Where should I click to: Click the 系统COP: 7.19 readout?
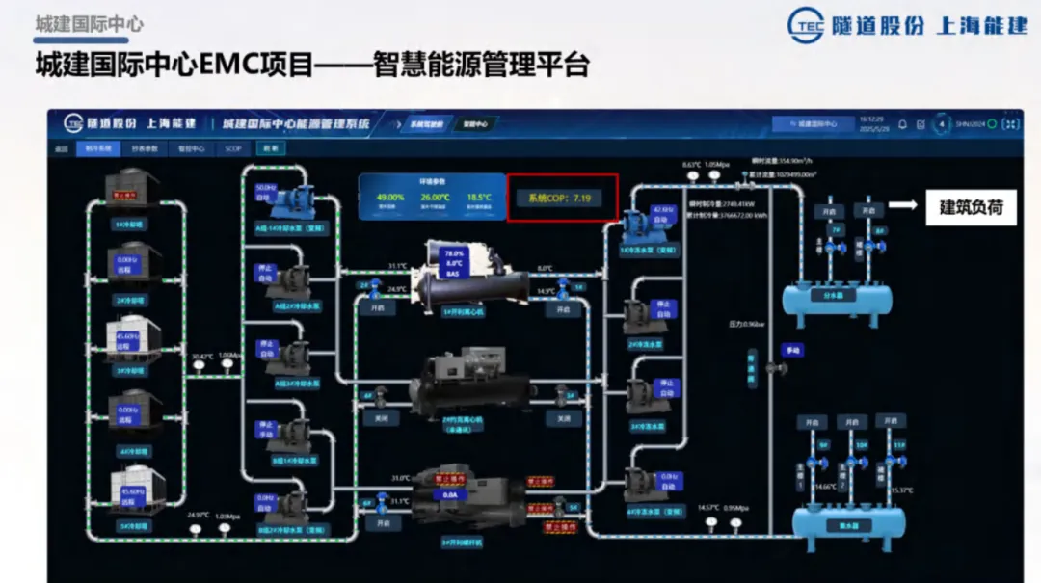click(x=561, y=198)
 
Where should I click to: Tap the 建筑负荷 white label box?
click(x=972, y=206)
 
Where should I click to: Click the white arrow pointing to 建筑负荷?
click(x=901, y=205)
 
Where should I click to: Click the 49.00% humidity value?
click(x=390, y=198)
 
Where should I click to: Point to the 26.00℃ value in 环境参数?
click(x=435, y=198)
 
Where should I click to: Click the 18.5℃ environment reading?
click(x=479, y=198)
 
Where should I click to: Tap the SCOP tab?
click(x=233, y=149)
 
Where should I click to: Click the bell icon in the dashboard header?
click(x=902, y=124)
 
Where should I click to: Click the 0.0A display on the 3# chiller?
click(x=448, y=493)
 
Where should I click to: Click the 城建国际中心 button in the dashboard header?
click(x=813, y=124)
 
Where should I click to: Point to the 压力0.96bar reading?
click(x=747, y=325)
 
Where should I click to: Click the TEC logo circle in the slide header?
click(x=806, y=25)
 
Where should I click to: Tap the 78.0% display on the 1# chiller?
click(x=454, y=253)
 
